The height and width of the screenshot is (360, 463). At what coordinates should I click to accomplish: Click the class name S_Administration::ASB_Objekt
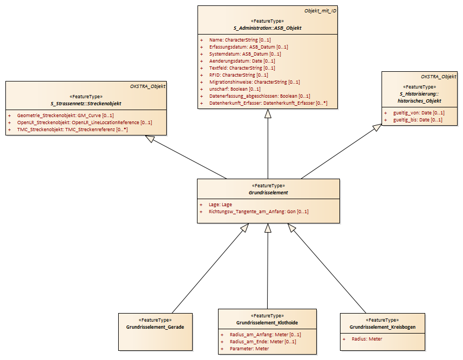268,28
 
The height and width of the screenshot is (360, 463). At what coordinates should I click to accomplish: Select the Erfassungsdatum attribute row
249,47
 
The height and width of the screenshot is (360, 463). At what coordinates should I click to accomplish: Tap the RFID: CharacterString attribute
239,75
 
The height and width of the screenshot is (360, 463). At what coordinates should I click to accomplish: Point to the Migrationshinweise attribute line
255,82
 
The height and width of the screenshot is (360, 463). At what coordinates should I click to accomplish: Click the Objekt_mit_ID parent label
321,11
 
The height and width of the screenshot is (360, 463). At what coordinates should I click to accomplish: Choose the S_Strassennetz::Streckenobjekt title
86,104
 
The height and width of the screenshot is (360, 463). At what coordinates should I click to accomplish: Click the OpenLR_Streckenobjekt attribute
84,123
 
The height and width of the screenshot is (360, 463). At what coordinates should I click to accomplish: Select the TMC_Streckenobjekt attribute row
72,130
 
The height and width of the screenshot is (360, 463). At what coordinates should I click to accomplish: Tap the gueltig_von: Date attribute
419,113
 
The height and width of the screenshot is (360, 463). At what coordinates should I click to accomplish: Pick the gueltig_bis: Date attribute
418,120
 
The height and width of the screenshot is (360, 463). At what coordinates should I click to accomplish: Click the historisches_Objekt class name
419,101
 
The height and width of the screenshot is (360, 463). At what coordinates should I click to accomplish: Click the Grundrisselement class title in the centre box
268,193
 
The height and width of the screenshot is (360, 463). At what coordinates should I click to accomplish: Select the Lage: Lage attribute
220,205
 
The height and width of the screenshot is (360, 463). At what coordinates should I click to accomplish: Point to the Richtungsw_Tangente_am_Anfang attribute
258,212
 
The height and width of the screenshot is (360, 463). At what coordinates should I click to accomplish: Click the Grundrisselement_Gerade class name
155,327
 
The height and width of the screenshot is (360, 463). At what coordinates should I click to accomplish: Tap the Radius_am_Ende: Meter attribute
263,342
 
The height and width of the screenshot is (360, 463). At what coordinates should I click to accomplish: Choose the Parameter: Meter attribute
249,349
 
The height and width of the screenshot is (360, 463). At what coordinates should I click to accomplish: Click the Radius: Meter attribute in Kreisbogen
367,339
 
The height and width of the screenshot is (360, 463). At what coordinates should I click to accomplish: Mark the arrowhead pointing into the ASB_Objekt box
268,114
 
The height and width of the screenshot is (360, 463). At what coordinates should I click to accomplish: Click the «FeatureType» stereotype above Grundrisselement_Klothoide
267,316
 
